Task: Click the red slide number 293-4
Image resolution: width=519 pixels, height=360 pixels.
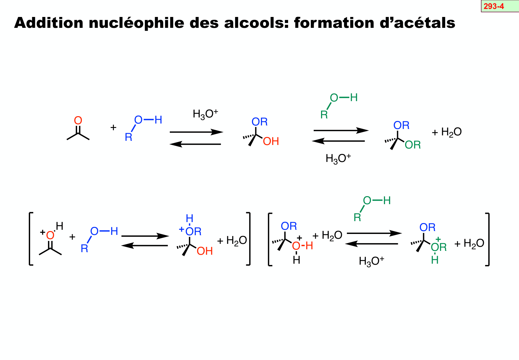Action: coord(494,6)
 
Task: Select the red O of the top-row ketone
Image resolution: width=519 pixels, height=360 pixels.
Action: coord(78,121)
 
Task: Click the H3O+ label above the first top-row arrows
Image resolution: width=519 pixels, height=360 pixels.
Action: coord(205,114)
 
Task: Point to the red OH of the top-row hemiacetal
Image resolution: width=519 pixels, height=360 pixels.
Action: coord(271,141)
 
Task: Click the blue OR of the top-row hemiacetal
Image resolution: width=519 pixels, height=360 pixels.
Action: coord(259,122)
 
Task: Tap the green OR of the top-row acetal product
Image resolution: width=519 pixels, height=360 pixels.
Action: coord(413,145)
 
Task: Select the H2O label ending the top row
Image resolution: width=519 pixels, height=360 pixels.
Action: coord(451,132)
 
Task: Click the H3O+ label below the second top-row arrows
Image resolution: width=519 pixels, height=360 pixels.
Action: coord(338,158)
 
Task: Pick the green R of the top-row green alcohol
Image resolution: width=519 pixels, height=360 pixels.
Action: coord(324,115)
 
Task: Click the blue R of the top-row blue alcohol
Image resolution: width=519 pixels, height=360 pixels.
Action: coord(128,137)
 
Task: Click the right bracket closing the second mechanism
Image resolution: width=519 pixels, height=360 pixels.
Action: coord(488,239)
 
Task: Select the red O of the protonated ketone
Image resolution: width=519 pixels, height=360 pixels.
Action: coord(50,236)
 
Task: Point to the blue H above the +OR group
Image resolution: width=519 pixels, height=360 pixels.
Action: coord(189,219)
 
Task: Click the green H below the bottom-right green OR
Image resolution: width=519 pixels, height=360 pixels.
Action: coord(435,260)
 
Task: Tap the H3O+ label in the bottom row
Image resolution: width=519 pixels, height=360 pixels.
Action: coord(371,261)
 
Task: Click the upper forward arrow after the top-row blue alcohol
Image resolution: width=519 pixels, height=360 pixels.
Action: coord(196,132)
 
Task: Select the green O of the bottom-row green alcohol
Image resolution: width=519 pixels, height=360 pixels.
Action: coord(367,201)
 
